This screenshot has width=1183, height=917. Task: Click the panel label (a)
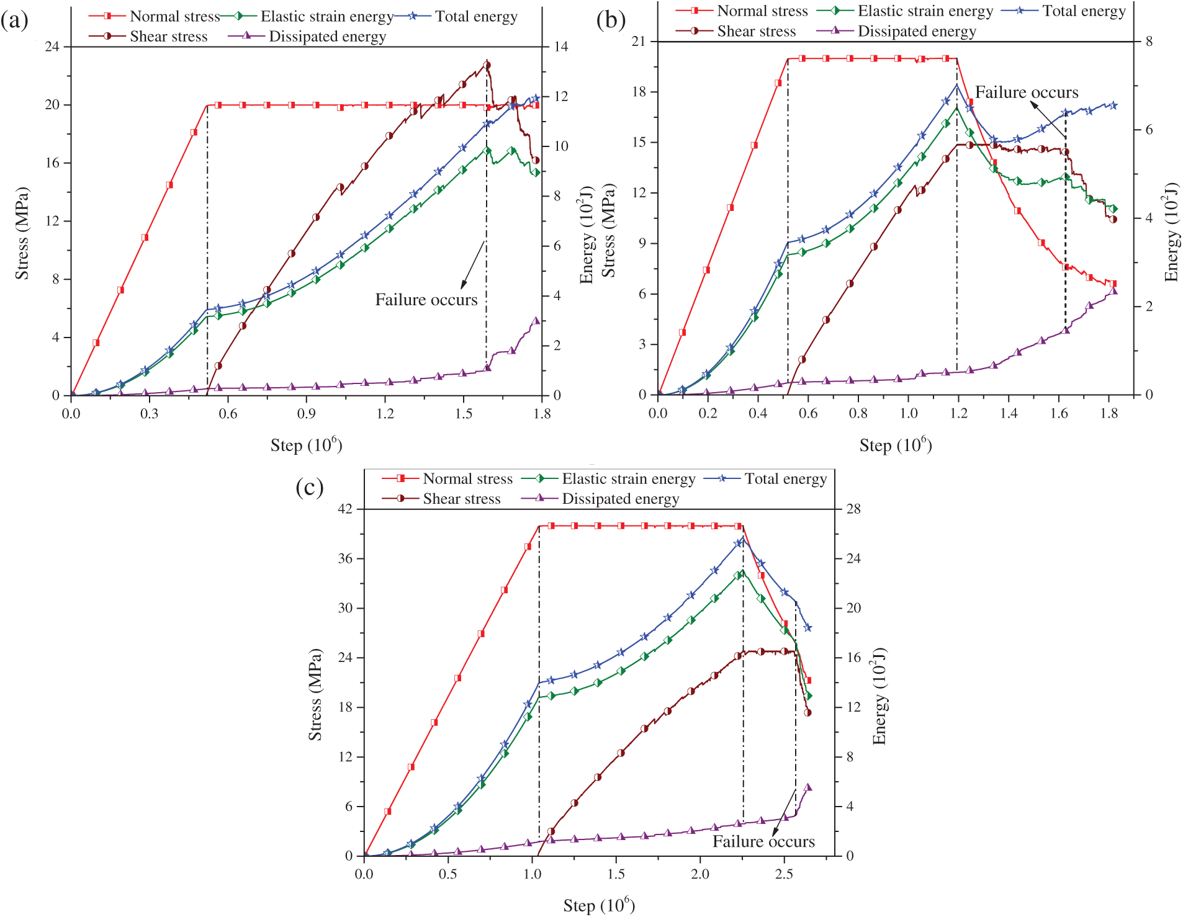(14, 21)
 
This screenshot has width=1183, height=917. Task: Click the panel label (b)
(610, 20)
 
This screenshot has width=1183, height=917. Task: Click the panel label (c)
(309, 488)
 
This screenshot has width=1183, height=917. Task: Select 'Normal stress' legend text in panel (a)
(174, 16)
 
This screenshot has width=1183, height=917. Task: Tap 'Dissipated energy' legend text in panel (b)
(917, 31)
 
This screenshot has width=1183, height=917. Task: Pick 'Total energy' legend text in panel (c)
(785, 479)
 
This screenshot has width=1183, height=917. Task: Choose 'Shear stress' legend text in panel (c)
(461, 499)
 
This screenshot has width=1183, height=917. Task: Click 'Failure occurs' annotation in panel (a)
(426, 300)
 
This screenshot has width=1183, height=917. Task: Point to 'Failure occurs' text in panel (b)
(1026, 92)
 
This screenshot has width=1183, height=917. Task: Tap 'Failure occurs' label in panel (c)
(763, 841)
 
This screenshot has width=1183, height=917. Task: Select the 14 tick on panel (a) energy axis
(561, 47)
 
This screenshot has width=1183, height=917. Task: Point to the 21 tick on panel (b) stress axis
(639, 42)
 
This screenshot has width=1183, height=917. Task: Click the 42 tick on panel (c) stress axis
(345, 509)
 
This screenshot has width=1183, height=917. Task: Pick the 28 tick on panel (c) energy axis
(853, 509)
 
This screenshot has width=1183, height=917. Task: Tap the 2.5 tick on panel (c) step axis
(784, 874)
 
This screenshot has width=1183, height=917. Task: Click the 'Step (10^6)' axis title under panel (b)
(895, 445)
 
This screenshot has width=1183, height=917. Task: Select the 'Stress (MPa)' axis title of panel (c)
(315, 694)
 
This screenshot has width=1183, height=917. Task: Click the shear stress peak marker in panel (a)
(487, 65)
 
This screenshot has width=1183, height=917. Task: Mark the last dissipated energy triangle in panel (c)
(807, 787)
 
